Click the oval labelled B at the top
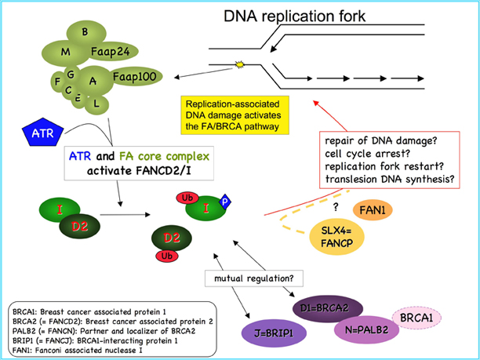click(84, 31)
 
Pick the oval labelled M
click(66, 51)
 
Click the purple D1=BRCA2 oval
click(325, 304)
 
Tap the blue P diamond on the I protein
click(224, 201)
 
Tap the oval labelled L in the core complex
click(96, 103)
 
